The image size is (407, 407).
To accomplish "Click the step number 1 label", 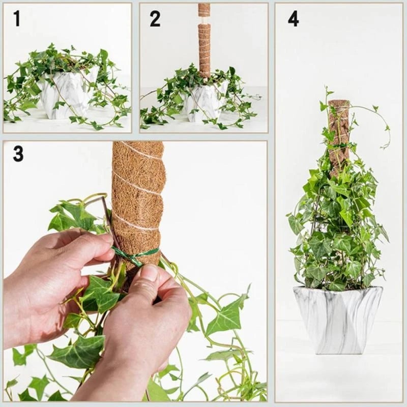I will pos(17,18).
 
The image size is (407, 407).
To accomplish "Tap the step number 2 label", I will pos(155,19).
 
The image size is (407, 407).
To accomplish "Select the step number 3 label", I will pos(18,153).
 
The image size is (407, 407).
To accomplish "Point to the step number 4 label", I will pos(293,19).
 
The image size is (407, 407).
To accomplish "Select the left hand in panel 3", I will pos(51,275).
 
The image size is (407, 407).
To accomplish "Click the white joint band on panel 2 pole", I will pos(204,20).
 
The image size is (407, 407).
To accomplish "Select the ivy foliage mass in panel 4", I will pos(336,229).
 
